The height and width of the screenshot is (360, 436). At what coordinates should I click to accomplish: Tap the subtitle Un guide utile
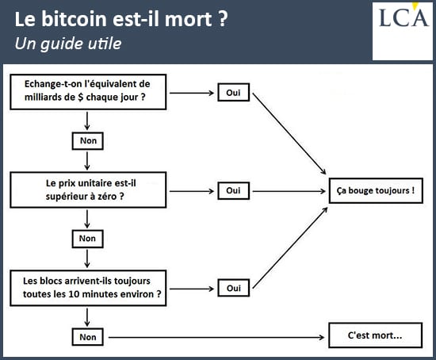pyautogui.click(x=68, y=44)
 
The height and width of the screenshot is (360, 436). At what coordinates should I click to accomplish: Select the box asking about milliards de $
pyautogui.click(x=88, y=92)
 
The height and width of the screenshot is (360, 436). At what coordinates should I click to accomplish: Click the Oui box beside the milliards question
pyautogui.click(x=233, y=92)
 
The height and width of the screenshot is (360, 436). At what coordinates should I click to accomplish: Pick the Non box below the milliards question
pyautogui.click(x=87, y=141)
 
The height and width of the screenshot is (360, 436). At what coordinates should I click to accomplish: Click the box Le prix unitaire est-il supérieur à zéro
pyautogui.click(x=88, y=190)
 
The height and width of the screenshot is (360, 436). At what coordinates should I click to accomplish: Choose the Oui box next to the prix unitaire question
pyautogui.click(x=233, y=190)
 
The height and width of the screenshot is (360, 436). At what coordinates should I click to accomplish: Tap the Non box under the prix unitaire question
pyautogui.click(x=87, y=239)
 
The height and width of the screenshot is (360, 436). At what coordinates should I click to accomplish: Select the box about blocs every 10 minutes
pyautogui.click(x=88, y=288)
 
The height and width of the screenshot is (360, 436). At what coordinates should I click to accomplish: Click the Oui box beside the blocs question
pyautogui.click(x=233, y=288)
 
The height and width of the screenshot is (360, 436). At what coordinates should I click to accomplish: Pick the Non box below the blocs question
pyautogui.click(x=87, y=337)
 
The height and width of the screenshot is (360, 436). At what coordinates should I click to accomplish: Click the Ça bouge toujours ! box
pyautogui.click(x=376, y=190)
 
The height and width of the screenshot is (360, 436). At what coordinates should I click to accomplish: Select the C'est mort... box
pyautogui.click(x=376, y=335)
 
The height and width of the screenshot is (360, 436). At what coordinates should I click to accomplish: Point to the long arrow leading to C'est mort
pyautogui.click(x=216, y=338)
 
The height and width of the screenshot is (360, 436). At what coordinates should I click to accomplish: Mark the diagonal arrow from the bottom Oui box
pyautogui.click(x=290, y=248)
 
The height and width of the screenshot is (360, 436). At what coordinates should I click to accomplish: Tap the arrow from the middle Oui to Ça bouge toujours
pyautogui.click(x=289, y=191)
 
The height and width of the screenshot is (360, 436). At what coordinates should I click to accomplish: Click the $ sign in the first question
pyautogui.click(x=81, y=98)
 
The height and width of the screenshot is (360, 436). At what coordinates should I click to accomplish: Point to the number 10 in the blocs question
pyautogui.click(x=74, y=294)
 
